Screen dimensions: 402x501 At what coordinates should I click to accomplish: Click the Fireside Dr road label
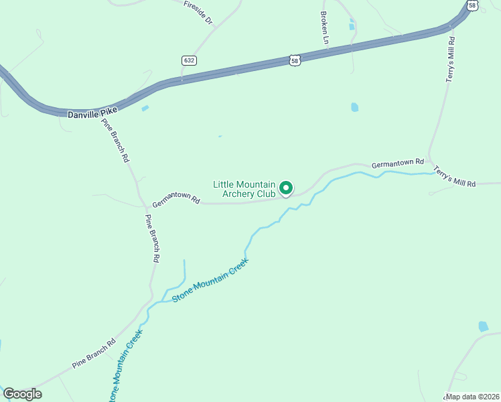pos(198,13)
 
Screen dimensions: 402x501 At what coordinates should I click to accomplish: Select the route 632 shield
pos(189,60)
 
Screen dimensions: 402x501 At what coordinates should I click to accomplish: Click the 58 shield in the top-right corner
pos(473,5)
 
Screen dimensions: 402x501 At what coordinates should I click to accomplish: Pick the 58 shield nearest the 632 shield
pos(295,60)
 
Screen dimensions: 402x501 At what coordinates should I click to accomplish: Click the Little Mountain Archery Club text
pos(244,189)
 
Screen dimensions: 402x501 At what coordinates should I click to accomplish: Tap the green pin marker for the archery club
pos(286,189)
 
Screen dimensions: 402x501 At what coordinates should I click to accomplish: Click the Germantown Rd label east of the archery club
pos(398,163)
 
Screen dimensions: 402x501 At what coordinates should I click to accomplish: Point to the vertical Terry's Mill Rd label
pos(451,60)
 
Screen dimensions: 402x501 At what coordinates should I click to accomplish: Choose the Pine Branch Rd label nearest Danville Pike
pos(115,141)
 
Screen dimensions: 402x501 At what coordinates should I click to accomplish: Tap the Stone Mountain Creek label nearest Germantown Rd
pos(210,279)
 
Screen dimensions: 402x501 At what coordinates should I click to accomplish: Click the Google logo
pos(22,394)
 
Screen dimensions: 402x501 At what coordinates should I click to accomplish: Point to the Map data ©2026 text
pos(473,397)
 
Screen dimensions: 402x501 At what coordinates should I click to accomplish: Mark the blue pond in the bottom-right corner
pos(483,327)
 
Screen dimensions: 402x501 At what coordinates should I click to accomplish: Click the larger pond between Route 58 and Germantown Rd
pos(354,107)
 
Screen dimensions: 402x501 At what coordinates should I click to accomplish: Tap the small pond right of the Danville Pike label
pos(145,108)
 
